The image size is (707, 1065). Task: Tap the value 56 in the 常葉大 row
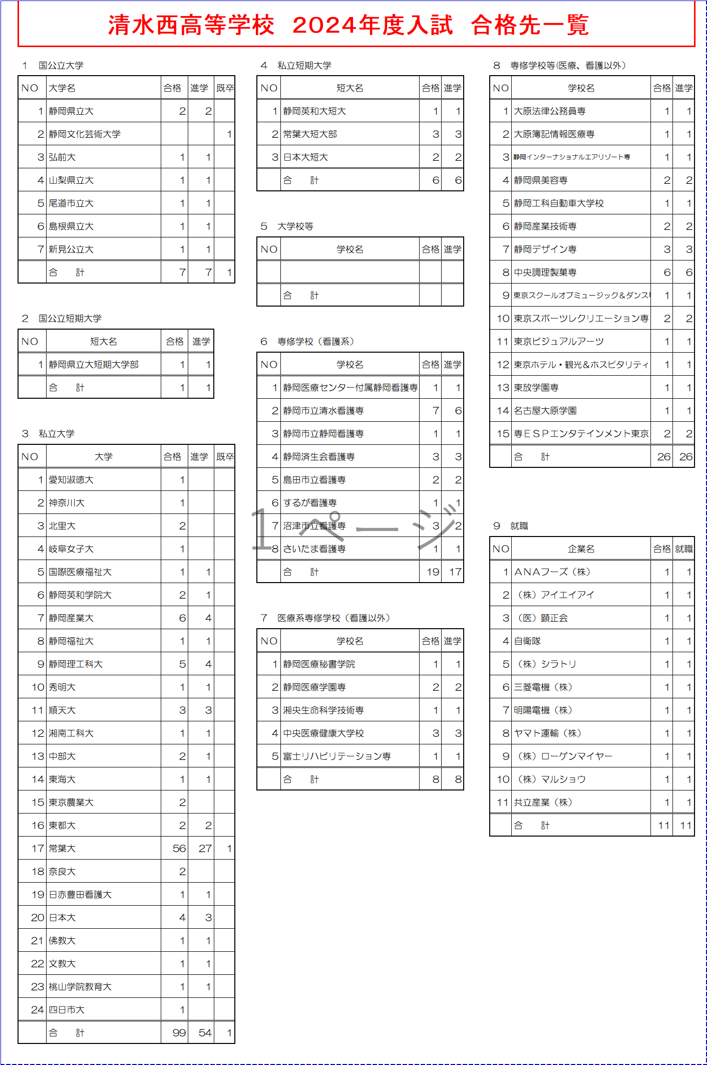tap(179, 848)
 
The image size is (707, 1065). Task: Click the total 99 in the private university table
tap(179, 1032)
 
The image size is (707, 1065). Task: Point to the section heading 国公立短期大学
tap(70, 318)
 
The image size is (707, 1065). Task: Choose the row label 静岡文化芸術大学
tap(85, 134)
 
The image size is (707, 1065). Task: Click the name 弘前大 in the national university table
tap(62, 157)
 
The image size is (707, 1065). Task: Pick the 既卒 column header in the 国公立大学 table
tap(225, 88)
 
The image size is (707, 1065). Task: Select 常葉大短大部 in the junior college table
tap(310, 134)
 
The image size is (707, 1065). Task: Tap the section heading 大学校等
tap(295, 226)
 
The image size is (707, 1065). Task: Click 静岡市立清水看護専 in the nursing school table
tap(323, 410)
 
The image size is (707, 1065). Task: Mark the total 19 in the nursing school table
tap(433, 572)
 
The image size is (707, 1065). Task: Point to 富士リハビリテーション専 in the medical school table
tap(337, 756)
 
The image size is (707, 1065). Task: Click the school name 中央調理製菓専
tap(545, 272)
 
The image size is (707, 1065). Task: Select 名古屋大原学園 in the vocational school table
tap(545, 410)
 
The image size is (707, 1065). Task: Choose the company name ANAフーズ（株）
tap(552, 572)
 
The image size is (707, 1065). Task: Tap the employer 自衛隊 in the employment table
tap(527, 641)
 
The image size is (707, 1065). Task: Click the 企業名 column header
tap(581, 549)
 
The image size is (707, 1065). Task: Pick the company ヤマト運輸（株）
tap(548, 733)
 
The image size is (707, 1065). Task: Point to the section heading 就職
tap(519, 525)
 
